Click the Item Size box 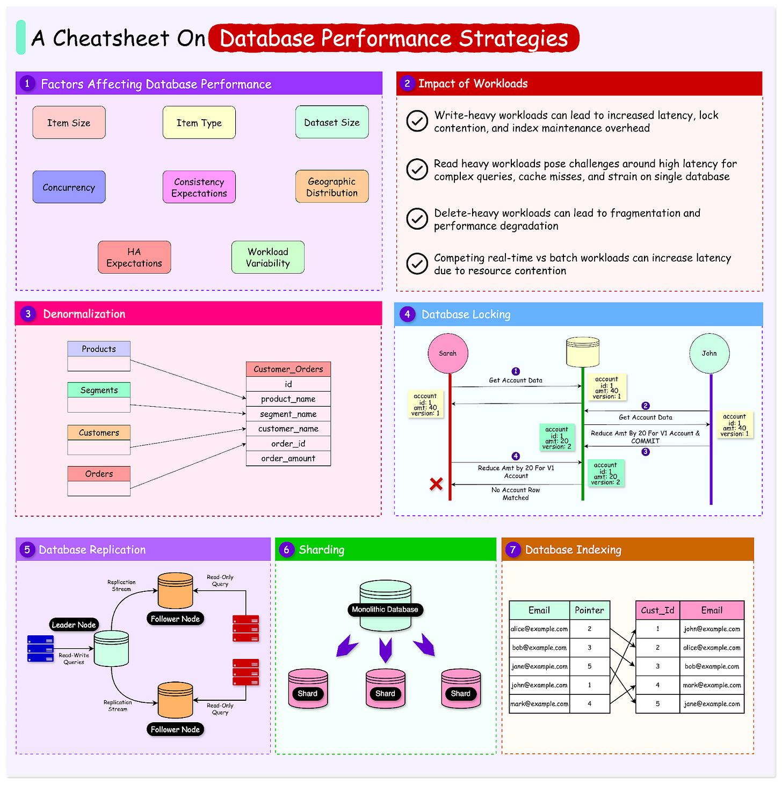tap(69, 122)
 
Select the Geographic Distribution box tap(332, 187)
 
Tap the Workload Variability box tap(268, 258)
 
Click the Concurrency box tap(69, 187)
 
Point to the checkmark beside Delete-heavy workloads tap(417, 219)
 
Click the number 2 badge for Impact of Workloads tap(407, 83)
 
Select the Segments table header tap(99, 390)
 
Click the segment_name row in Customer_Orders tap(288, 414)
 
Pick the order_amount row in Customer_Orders tap(288, 458)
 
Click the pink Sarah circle tap(447, 353)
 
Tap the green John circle tap(709, 353)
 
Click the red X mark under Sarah tap(436, 484)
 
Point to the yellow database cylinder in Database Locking tap(583, 351)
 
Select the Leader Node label tap(74, 625)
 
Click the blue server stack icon tap(40, 649)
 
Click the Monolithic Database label tap(385, 610)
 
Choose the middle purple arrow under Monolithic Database tap(385, 650)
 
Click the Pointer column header tap(589, 610)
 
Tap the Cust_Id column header tap(657, 610)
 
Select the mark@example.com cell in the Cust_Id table tap(712, 685)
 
